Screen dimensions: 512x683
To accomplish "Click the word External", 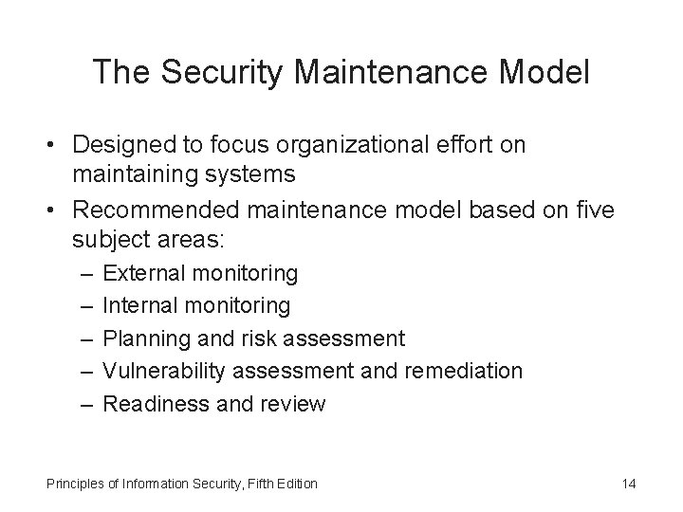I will [143, 274].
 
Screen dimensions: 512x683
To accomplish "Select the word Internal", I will [140, 305].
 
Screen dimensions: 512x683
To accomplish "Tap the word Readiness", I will [151, 404].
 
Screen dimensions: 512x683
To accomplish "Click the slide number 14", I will [628, 485].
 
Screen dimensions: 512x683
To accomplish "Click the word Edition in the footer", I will [297, 485].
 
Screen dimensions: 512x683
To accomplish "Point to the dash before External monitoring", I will [87, 274].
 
